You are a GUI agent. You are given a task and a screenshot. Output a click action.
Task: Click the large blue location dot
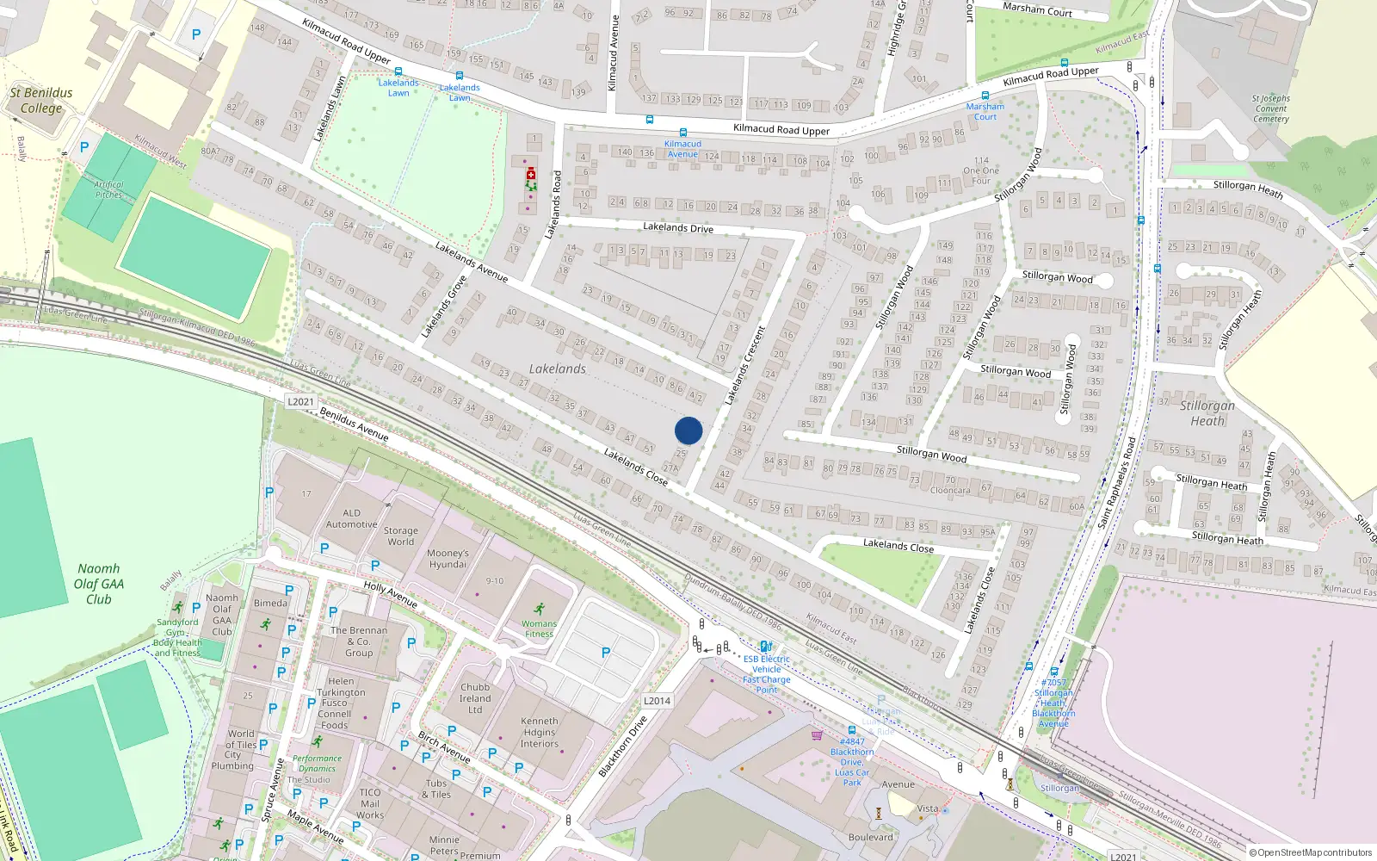(688, 430)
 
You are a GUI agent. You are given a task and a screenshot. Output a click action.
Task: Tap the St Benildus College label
(41, 100)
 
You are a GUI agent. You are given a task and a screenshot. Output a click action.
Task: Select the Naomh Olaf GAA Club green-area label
(99, 584)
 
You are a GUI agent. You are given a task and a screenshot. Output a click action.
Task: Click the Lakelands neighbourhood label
(558, 369)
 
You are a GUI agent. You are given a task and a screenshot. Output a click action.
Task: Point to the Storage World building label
(400, 536)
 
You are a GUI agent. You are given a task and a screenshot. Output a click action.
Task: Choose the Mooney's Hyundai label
(448, 559)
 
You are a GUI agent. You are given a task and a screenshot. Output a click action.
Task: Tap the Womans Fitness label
(539, 629)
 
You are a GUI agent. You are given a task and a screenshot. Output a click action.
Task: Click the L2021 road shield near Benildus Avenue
(300, 402)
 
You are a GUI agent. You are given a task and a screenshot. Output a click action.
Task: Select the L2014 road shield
(657, 701)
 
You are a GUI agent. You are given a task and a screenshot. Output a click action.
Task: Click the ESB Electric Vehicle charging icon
(765, 647)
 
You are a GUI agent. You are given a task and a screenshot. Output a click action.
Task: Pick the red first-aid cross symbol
(530, 174)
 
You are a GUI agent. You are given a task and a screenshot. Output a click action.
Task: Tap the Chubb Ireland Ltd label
(475, 698)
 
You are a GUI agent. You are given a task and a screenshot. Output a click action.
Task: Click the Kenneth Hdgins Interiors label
(540, 733)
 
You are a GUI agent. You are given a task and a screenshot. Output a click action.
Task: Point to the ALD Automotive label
(351, 518)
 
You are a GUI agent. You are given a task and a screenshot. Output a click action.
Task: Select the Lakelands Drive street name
(678, 227)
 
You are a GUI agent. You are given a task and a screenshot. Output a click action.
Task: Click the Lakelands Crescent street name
(744, 365)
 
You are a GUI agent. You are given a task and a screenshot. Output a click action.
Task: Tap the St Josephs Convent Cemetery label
(1271, 108)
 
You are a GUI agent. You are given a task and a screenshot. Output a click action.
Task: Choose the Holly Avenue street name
(390, 594)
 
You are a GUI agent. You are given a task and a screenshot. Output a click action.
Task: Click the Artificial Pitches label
(109, 189)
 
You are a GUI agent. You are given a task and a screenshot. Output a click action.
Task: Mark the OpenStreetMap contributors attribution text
(1310, 852)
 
